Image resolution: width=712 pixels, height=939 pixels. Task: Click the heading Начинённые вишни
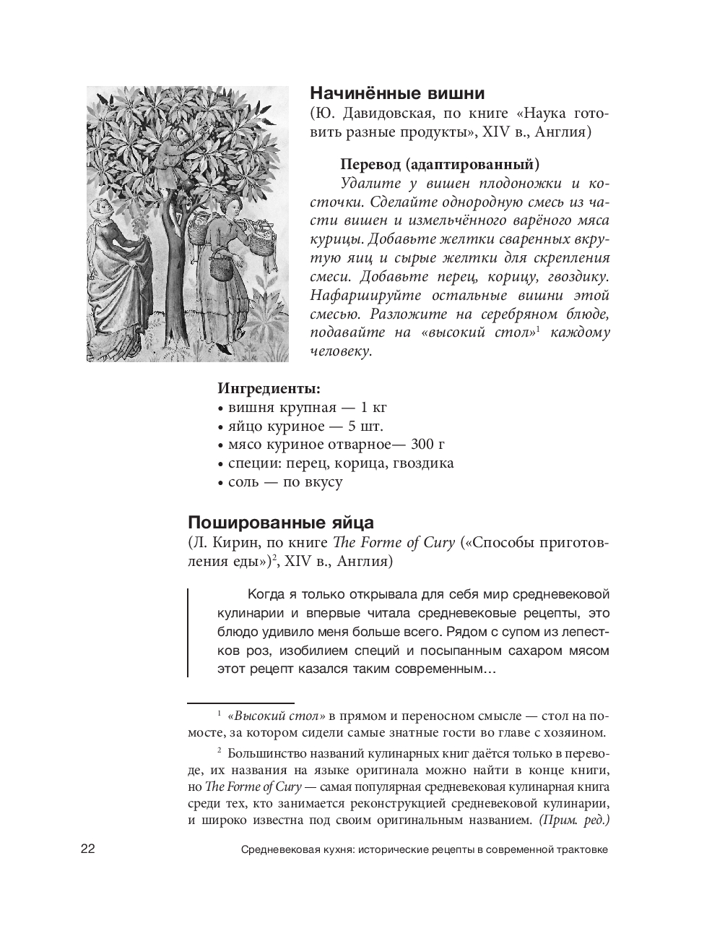click(396, 94)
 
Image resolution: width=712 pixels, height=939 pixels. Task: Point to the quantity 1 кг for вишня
click(373, 407)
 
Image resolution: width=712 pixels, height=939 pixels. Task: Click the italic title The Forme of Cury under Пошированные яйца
click(393, 542)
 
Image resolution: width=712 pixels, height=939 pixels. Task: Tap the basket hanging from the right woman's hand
click(220, 271)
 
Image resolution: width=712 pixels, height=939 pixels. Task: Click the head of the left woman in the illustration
click(101, 210)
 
